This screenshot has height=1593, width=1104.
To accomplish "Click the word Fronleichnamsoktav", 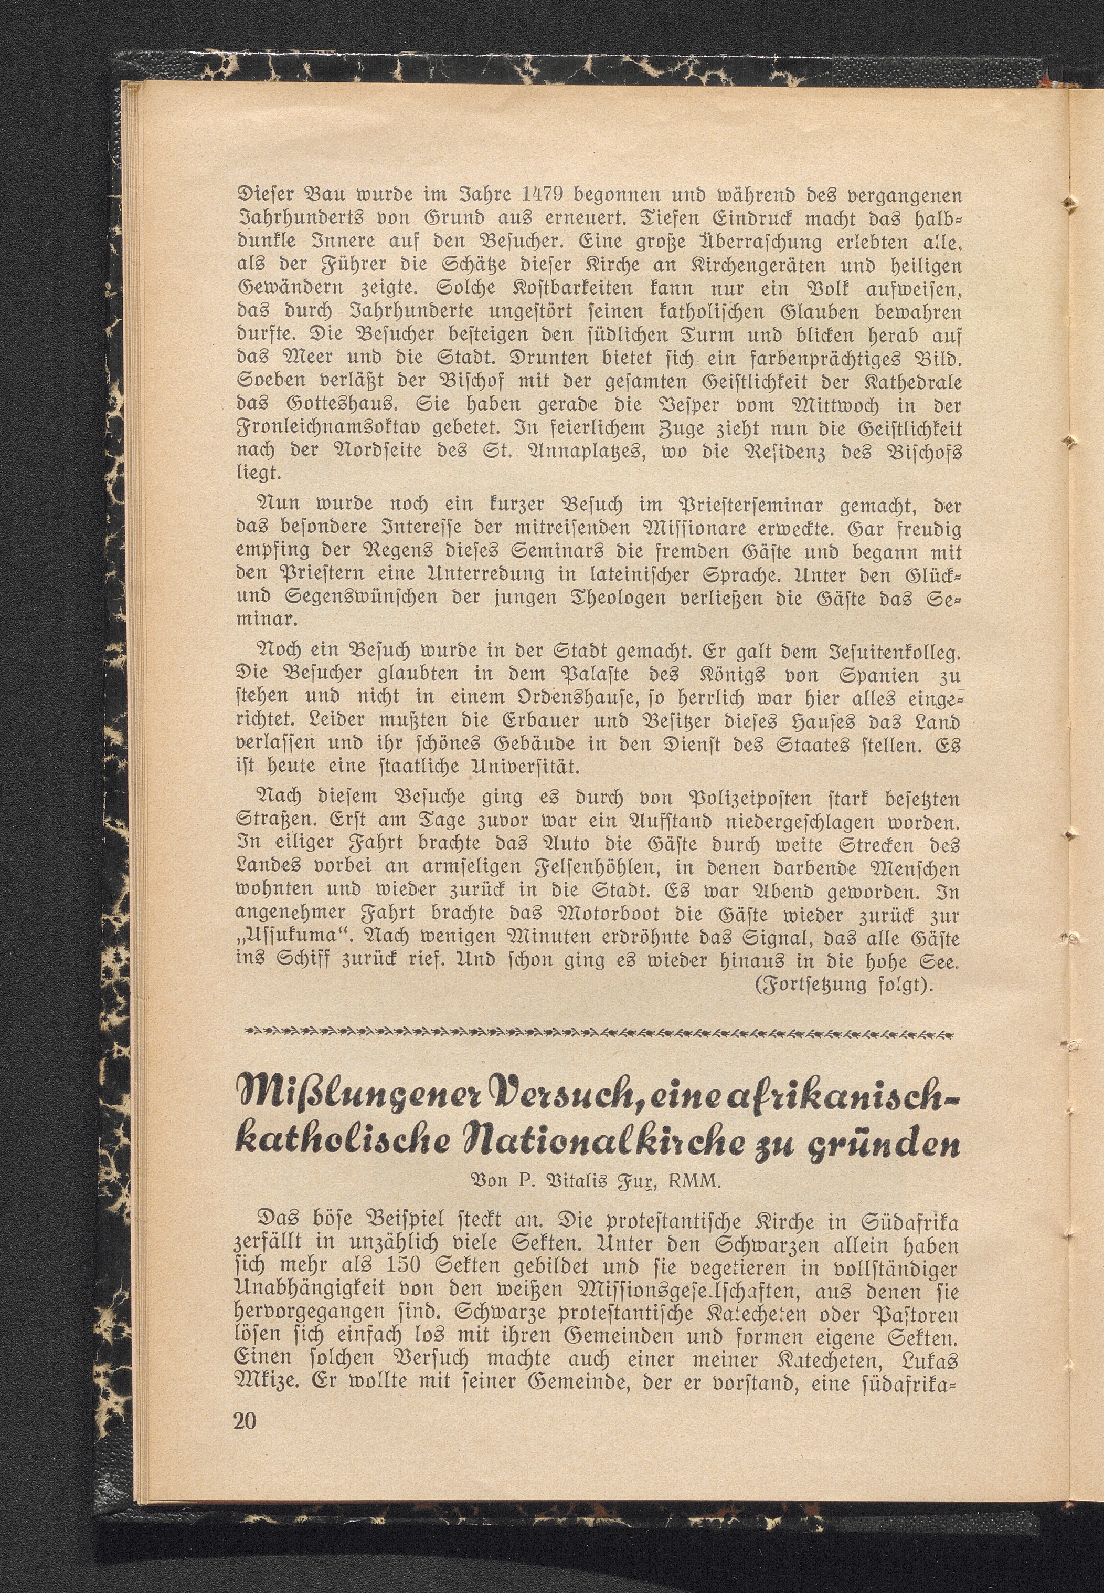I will coord(327,428).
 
